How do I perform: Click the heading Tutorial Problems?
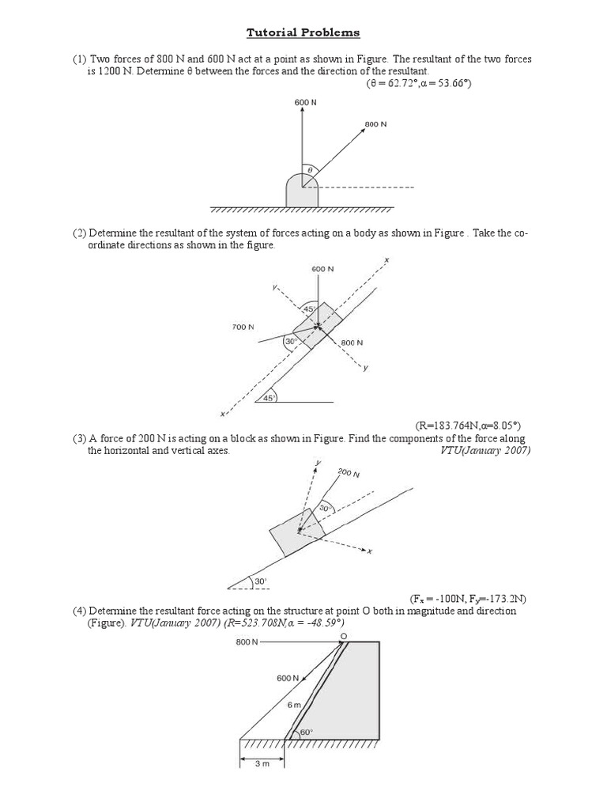point(303,32)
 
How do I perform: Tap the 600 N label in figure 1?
point(303,102)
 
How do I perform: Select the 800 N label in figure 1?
point(375,124)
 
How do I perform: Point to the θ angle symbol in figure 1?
point(310,169)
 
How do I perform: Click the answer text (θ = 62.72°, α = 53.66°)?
point(419,83)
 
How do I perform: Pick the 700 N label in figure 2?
point(243,327)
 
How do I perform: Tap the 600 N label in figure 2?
point(322,269)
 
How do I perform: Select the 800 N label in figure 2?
point(352,343)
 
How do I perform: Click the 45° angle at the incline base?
point(269,398)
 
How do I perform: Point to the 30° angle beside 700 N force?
point(290,342)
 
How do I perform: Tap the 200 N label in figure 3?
point(348,473)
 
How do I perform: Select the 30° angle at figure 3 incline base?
point(259,581)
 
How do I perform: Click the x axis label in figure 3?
point(369,551)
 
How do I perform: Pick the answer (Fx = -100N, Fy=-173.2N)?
point(468,598)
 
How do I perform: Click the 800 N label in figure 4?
point(247,642)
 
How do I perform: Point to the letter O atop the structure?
point(343,635)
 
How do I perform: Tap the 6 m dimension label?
point(293,704)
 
